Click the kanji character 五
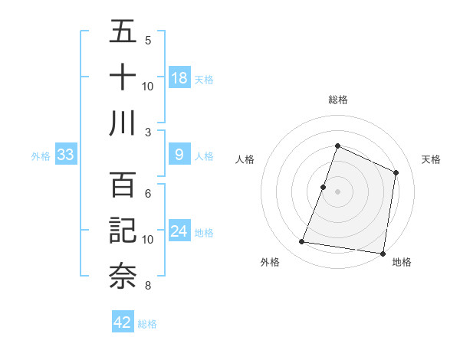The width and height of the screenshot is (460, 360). (x=123, y=32)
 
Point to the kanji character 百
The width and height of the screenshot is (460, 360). (x=123, y=185)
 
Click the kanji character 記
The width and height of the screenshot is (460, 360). (x=123, y=231)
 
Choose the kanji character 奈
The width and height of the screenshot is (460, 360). (x=123, y=276)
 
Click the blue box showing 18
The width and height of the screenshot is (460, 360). (x=179, y=78)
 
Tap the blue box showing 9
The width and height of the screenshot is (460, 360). (x=179, y=155)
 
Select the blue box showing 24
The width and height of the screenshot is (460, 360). (x=179, y=232)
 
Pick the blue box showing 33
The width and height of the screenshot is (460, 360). (x=65, y=155)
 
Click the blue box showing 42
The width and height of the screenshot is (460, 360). (x=123, y=322)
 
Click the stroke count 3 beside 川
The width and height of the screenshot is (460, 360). (x=147, y=131)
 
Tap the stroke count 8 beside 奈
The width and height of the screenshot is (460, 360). (x=147, y=286)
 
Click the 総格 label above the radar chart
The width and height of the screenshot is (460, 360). (x=337, y=100)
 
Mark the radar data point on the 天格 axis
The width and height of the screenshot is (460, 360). (x=396, y=172)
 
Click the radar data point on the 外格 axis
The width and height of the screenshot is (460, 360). (x=302, y=242)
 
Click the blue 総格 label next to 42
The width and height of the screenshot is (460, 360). (x=147, y=324)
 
